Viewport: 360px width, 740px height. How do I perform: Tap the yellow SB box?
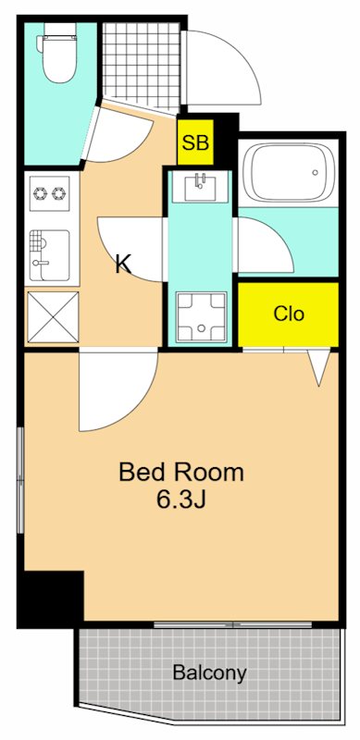click(x=195, y=142)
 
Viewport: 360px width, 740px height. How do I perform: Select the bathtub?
click(x=287, y=173)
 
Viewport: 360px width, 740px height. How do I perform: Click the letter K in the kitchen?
click(x=124, y=265)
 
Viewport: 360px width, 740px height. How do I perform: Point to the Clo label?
click(x=289, y=314)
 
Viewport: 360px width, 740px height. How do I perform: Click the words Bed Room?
click(x=181, y=472)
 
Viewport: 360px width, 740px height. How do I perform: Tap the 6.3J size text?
click(x=181, y=500)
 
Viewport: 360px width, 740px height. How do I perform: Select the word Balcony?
click(x=209, y=672)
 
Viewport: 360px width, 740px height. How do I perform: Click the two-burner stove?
click(x=50, y=193)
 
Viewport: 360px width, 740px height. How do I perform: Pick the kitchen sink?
click(x=50, y=255)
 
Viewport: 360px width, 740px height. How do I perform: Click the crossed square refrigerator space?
click(x=53, y=317)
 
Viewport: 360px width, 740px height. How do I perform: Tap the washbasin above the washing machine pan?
click(x=200, y=187)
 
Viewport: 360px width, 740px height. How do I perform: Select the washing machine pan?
click(x=201, y=317)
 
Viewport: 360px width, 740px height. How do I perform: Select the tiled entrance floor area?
click(x=142, y=64)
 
